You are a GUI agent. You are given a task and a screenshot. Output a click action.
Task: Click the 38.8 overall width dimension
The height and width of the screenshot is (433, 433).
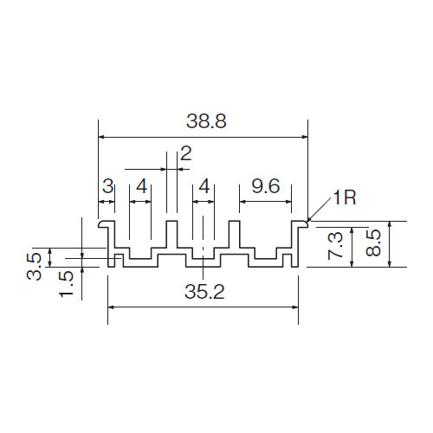pyautogui.click(x=206, y=121)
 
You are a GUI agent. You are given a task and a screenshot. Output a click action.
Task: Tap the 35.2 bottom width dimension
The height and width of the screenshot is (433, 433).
pyautogui.click(x=204, y=292)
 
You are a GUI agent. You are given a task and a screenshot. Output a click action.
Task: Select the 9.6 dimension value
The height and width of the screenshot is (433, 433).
pyautogui.click(x=266, y=186)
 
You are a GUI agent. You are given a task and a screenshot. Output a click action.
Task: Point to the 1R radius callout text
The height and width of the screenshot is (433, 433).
pyautogui.click(x=345, y=197)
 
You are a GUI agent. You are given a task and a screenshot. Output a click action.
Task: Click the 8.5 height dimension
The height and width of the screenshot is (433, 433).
pyautogui.click(x=373, y=242)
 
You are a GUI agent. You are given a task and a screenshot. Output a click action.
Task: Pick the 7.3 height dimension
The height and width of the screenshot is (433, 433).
pyautogui.click(x=336, y=246)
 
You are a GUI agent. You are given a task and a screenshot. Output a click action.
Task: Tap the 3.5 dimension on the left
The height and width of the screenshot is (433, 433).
pyautogui.click(x=34, y=267)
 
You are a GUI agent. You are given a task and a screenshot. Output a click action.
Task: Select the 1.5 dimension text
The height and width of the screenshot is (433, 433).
pyautogui.click(x=67, y=284)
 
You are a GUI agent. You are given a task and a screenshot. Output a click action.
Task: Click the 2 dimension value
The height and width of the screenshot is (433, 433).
pyautogui.click(x=186, y=153)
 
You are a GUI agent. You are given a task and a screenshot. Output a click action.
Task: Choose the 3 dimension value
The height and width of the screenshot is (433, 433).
pyautogui.click(x=108, y=186)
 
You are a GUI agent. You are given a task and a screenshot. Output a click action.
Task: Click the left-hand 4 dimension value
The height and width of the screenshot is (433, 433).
pyautogui.click(x=142, y=186)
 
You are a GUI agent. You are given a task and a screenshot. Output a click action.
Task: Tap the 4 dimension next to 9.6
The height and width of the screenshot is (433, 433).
pyautogui.click(x=204, y=186)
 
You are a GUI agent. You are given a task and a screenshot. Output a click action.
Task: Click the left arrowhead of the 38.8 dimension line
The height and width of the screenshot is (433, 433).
pyautogui.click(x=101, y=137)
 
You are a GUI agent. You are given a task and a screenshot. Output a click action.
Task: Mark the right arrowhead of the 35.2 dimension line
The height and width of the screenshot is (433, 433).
pyautogui.click(x=295, y=307)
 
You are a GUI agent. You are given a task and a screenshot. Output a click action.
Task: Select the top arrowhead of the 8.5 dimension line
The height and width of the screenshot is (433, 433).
pyautogui.click(x=390, y=224)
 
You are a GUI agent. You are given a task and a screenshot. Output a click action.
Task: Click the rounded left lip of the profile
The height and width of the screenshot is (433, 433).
pyautogui.click(x=101, y=224)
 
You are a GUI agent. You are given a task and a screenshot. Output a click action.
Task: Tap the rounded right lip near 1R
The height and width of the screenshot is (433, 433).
pyautogui.click(x=304, y=224)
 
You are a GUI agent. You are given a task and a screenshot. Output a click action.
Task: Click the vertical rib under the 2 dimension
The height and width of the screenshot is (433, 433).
pyautogui.click(x=171, y=234)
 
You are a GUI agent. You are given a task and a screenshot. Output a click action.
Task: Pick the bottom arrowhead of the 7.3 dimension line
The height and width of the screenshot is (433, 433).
pyautogui.click(x=352, y=263)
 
